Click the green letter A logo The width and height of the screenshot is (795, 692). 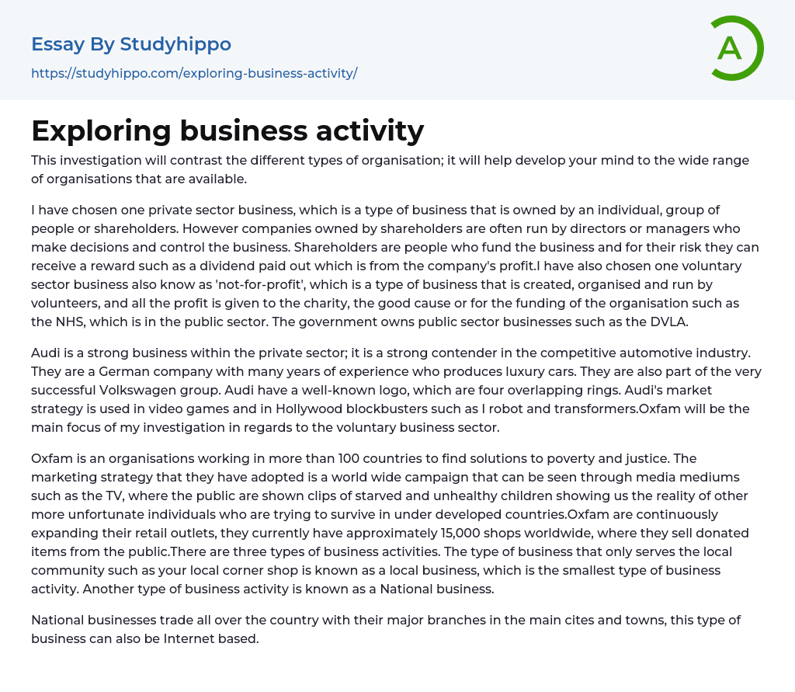coord(736,48)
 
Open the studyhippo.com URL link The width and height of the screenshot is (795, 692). coord(194,74)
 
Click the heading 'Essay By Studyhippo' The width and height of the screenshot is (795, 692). coord(131,44)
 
